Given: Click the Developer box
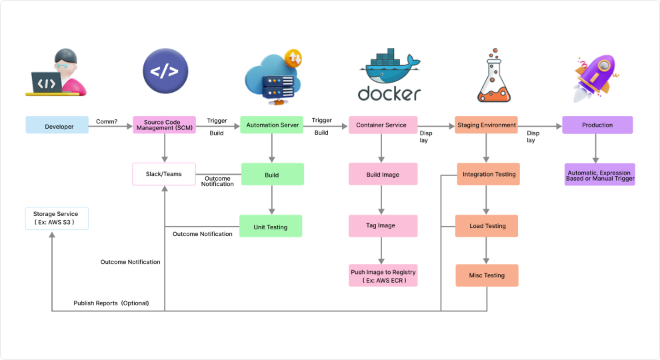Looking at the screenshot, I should pyautogui.click(x=57, y=125).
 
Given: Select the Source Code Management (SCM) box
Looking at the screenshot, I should pyautogui.click(x=164, y=125).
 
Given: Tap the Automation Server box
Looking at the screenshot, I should pyautogui.click(x=272, y=125).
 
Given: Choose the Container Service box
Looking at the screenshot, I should pyautogui.click(x=382, y=125).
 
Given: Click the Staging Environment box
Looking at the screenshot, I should pyautogui.click(x=487, y=125).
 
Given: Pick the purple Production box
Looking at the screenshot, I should pyautogui.click(x=597, y=125).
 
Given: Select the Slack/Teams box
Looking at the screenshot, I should pyautogui.click(x=164, y=174).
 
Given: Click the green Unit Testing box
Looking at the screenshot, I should pyautogui.click(x=271, y=226).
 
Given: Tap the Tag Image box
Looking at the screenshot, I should pyautogui.click(x=382, y=225).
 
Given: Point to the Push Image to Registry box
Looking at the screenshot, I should pyautogui.click(x=383, y=275).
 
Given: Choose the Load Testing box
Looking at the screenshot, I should pyautogui.click(x=487, y=226).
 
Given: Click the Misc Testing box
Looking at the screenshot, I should pyautogui.click(x=487, y=275).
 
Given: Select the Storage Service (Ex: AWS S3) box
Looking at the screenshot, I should pyautogui.click(x=56, y=218).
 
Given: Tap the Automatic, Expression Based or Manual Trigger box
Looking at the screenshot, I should pyautogui.click(x=599, y=175).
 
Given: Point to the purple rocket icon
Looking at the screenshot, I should pyautogui.click(x=595, y=77).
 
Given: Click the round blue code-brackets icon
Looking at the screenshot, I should pyautogui.click(x=165, y=71).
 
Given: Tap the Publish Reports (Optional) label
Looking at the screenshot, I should pyautogui.click(x=111, y=303).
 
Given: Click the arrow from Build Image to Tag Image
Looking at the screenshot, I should pyautogui.click(x=382, y=199).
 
